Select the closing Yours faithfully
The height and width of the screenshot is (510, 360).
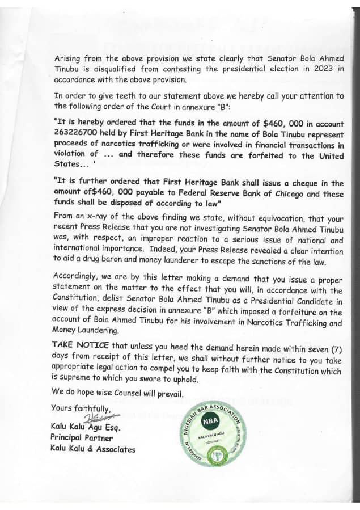(80, 408)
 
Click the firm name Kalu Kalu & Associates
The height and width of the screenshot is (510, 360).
(92, 449)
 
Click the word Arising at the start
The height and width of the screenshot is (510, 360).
(68, 60)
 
